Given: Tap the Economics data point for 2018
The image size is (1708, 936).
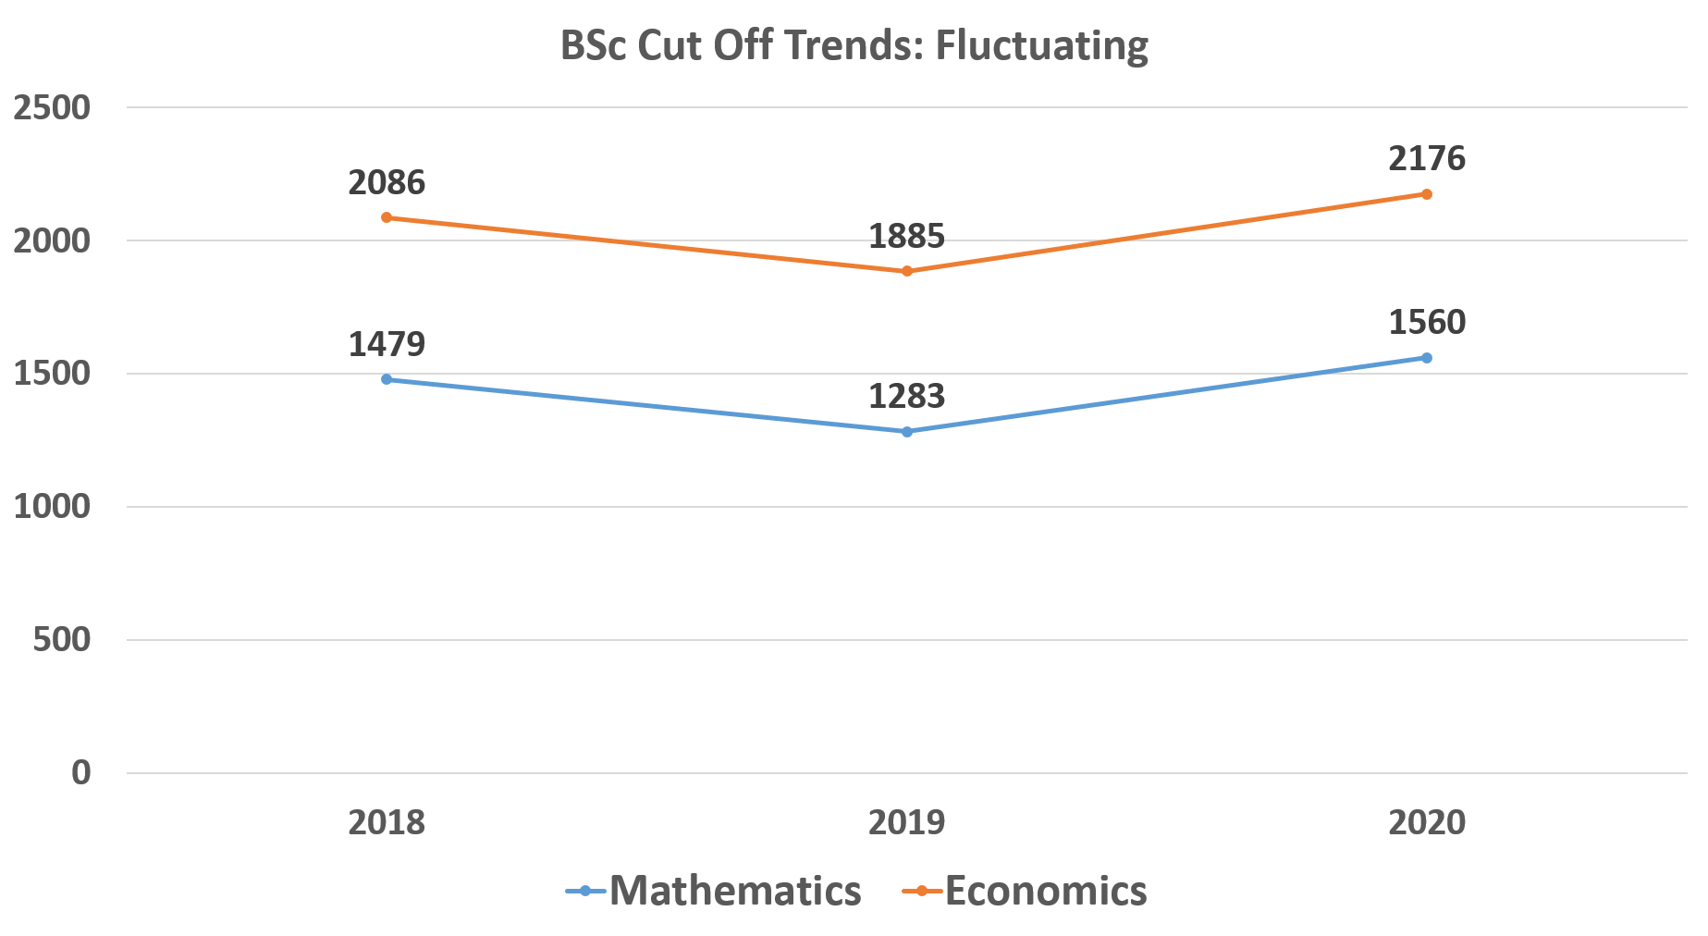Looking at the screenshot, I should tap(387, 217).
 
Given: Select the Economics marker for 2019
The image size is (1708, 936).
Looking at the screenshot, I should tap(907, 271).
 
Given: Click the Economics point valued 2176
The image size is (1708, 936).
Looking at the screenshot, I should tap(1427, 194).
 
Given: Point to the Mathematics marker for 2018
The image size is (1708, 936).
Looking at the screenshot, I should tap(387, 379).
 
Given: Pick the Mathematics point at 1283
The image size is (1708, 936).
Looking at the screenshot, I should tap(907, 432).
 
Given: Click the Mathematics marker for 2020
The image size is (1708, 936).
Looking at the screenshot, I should tap(1427, 358).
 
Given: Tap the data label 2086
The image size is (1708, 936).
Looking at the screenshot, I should tap(387, 182).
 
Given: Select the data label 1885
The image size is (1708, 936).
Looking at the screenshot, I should tap(907, 236).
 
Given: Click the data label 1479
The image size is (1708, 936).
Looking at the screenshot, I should tap(387, 344).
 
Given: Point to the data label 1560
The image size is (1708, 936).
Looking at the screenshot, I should tap(1427, 322).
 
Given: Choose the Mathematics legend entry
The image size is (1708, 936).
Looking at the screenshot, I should tap(714, 891).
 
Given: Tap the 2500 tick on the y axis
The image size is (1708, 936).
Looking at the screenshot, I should tap(52, 108).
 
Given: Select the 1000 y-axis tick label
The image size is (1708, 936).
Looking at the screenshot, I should tap(52, 507).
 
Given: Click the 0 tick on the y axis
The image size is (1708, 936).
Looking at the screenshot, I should tap(81, 772).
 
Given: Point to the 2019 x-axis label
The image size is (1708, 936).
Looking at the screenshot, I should tap(907, 822).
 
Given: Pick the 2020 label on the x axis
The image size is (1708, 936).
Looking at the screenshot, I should tap(1427, 822).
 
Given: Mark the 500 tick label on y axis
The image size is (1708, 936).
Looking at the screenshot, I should tap(62, 640).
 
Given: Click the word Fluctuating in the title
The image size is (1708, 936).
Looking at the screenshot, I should tap(1041, 45).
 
